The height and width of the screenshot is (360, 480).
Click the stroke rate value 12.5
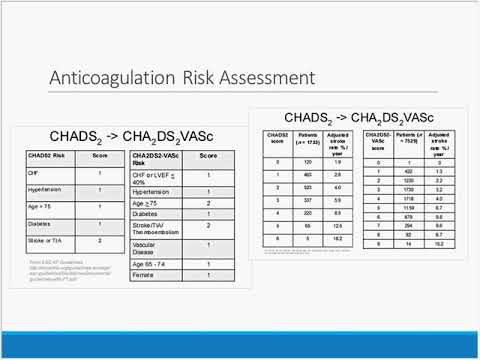(339, 226)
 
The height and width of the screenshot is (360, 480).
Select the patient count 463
(308, 173)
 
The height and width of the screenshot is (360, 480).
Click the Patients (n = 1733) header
(308, 139)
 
